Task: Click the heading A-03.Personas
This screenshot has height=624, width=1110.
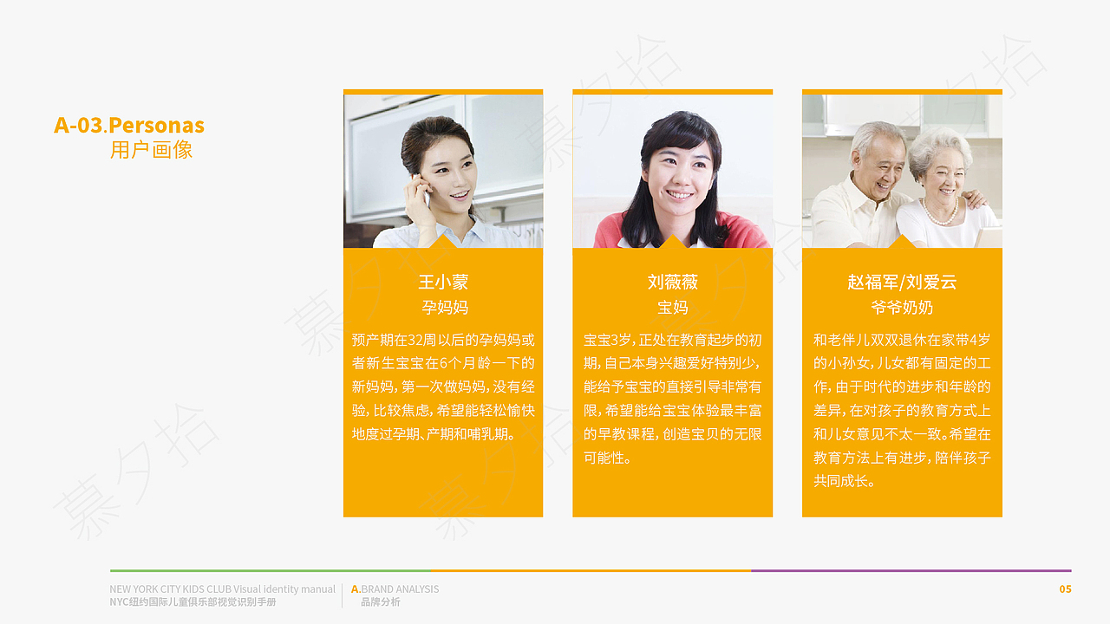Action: [x=129, y=126]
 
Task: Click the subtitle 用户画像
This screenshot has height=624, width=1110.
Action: [x=151, y=150]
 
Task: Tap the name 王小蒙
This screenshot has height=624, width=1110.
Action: [x=443, y=283]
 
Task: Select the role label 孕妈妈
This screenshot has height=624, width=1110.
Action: [x=443, y=308]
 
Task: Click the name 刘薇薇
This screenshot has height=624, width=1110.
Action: [x=672, y=283]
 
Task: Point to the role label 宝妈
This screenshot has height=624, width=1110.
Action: [x=672, y=308]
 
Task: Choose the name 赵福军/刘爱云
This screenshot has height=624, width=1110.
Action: [x=902, y=283]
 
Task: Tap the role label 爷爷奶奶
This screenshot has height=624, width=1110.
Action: [x=902, y=308]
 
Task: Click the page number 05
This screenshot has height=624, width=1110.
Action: [x=1065, y=589]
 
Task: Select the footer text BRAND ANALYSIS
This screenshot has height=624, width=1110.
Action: [x=400, y=589]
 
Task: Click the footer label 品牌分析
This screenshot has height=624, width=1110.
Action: [x=381, y=602]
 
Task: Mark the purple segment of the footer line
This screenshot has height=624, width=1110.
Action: [x=911, y=570]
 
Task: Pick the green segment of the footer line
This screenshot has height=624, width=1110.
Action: [x=269, y=570]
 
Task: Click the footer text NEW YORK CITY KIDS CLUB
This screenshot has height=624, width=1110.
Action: [x=170, y=589]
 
